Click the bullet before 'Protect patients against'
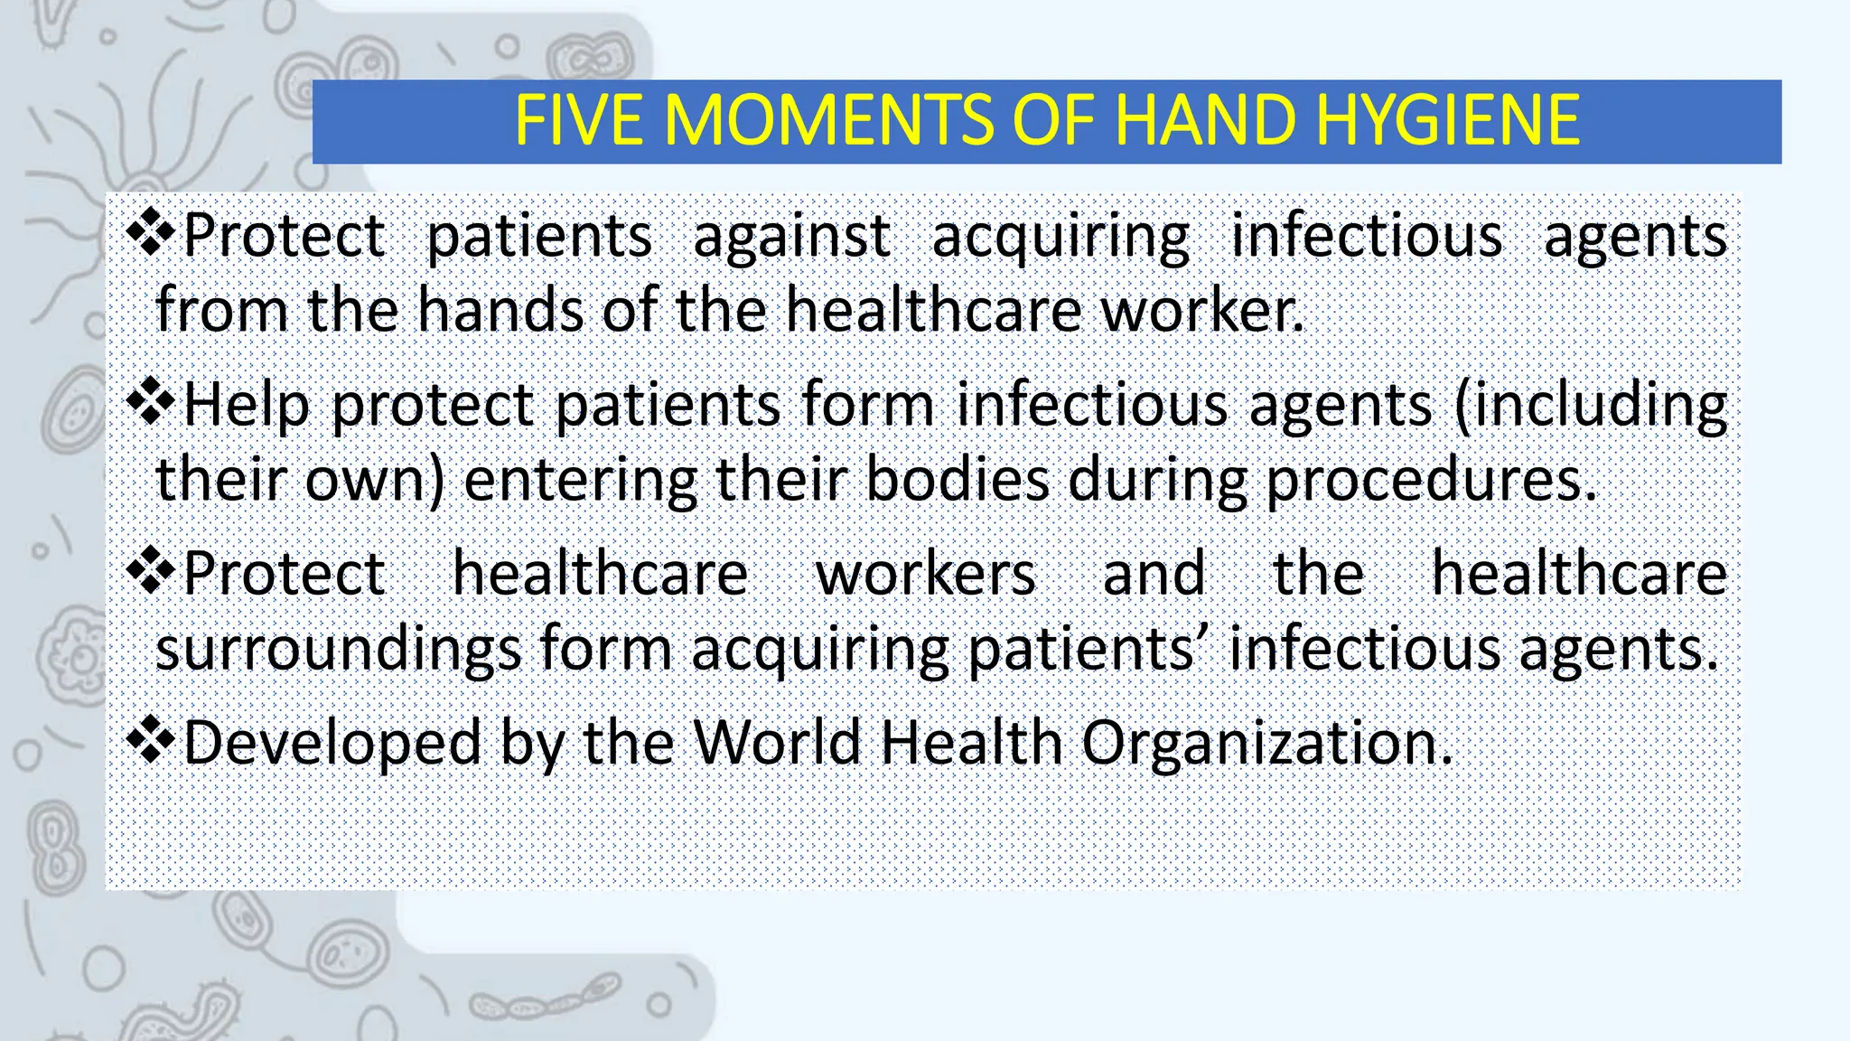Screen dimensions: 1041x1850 point(151,232)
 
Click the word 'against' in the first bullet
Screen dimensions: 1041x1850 point(792,237)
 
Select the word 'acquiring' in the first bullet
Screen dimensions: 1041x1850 point(1060,237)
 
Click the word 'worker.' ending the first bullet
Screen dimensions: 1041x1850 point(1202,310)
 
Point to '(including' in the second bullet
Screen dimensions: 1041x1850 point(1591,405)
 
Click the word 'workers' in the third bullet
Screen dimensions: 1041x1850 point(925,574)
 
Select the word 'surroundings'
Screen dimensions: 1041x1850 point(339,649)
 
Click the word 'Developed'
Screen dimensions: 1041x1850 point(332,743)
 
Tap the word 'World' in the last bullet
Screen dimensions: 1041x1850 point(777,743)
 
